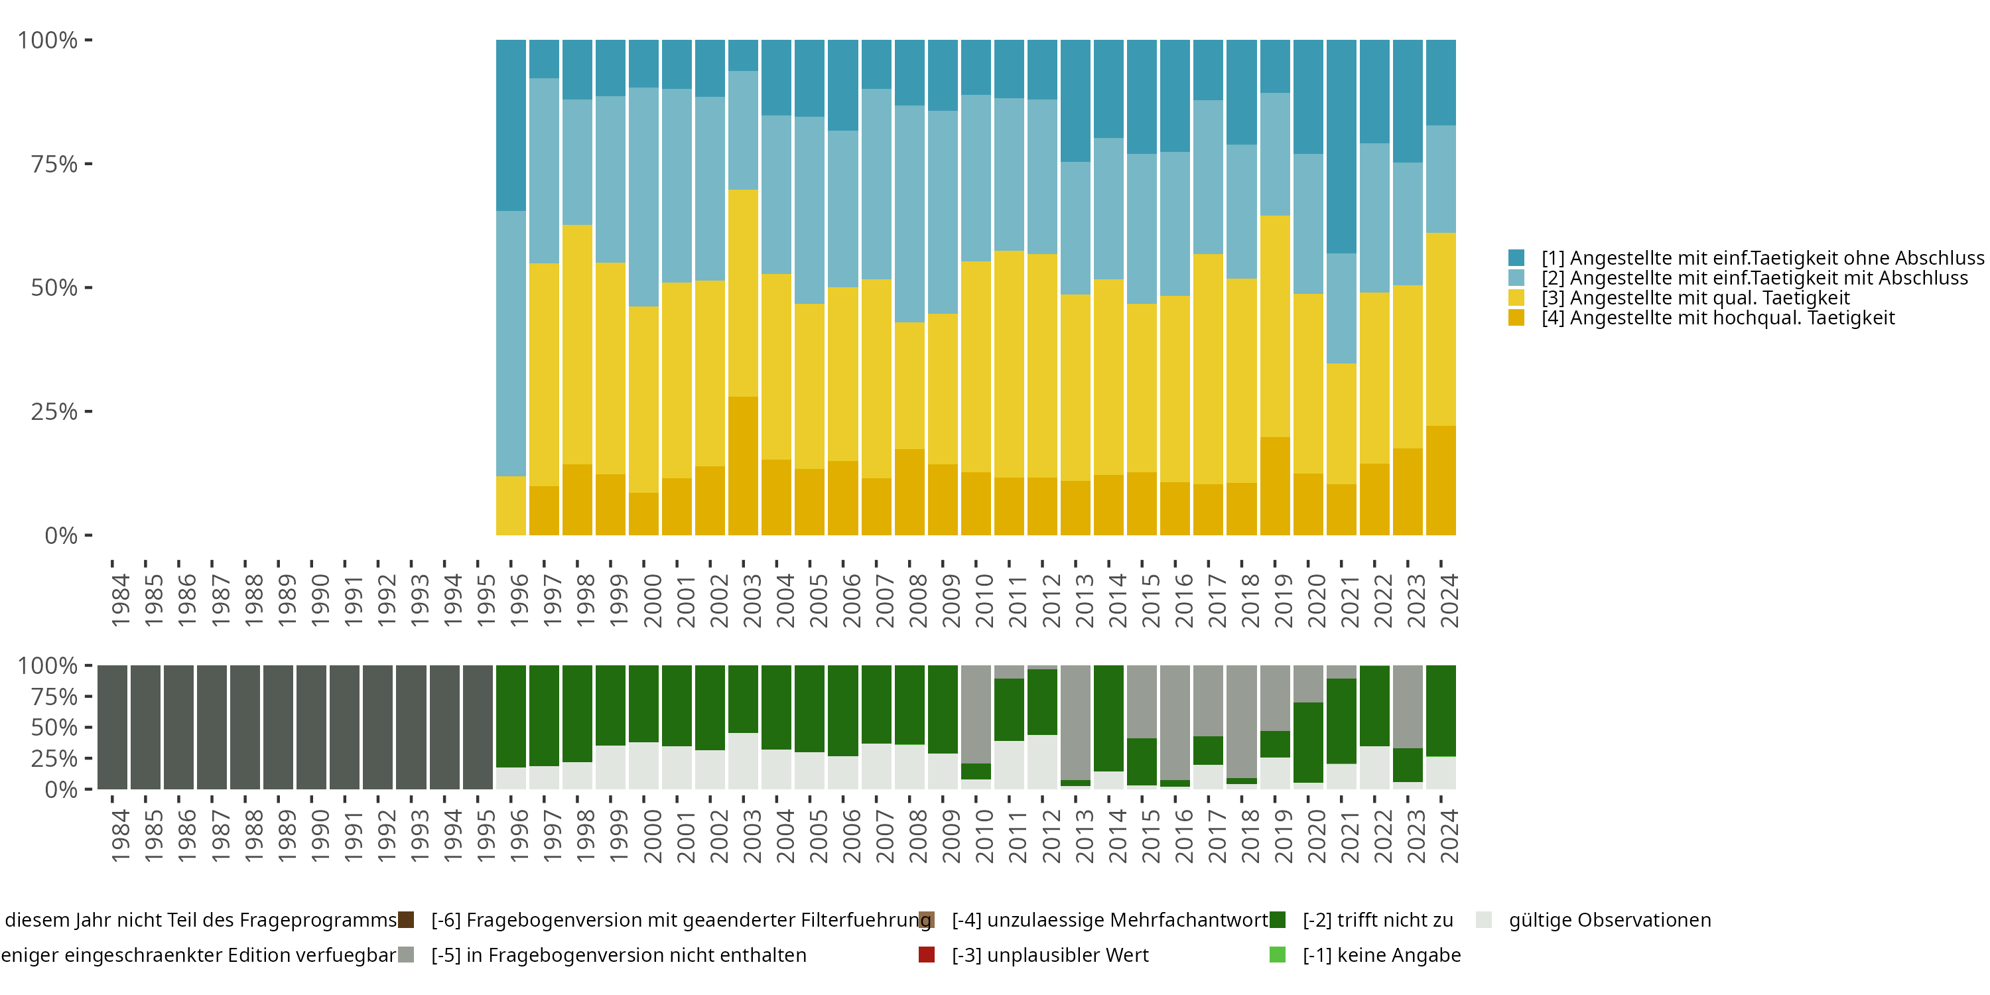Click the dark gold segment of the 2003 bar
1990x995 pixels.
click(743, 465)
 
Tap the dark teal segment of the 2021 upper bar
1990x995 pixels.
click(1341, 147)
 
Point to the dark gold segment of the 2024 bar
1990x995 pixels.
click(1441, 480)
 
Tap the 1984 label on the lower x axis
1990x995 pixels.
click(121, 836)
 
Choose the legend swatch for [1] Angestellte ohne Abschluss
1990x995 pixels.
click(1516, 258)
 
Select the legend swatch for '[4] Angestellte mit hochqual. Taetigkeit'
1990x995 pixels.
click(1516, 318)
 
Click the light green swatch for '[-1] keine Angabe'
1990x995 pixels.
click(1278, 955)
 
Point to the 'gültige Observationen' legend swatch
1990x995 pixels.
click(1483, 920)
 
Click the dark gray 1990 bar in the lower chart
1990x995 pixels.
click(311, 727)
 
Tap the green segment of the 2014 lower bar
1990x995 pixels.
click(1108, 718)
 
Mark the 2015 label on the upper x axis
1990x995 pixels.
click(1150, 600)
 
